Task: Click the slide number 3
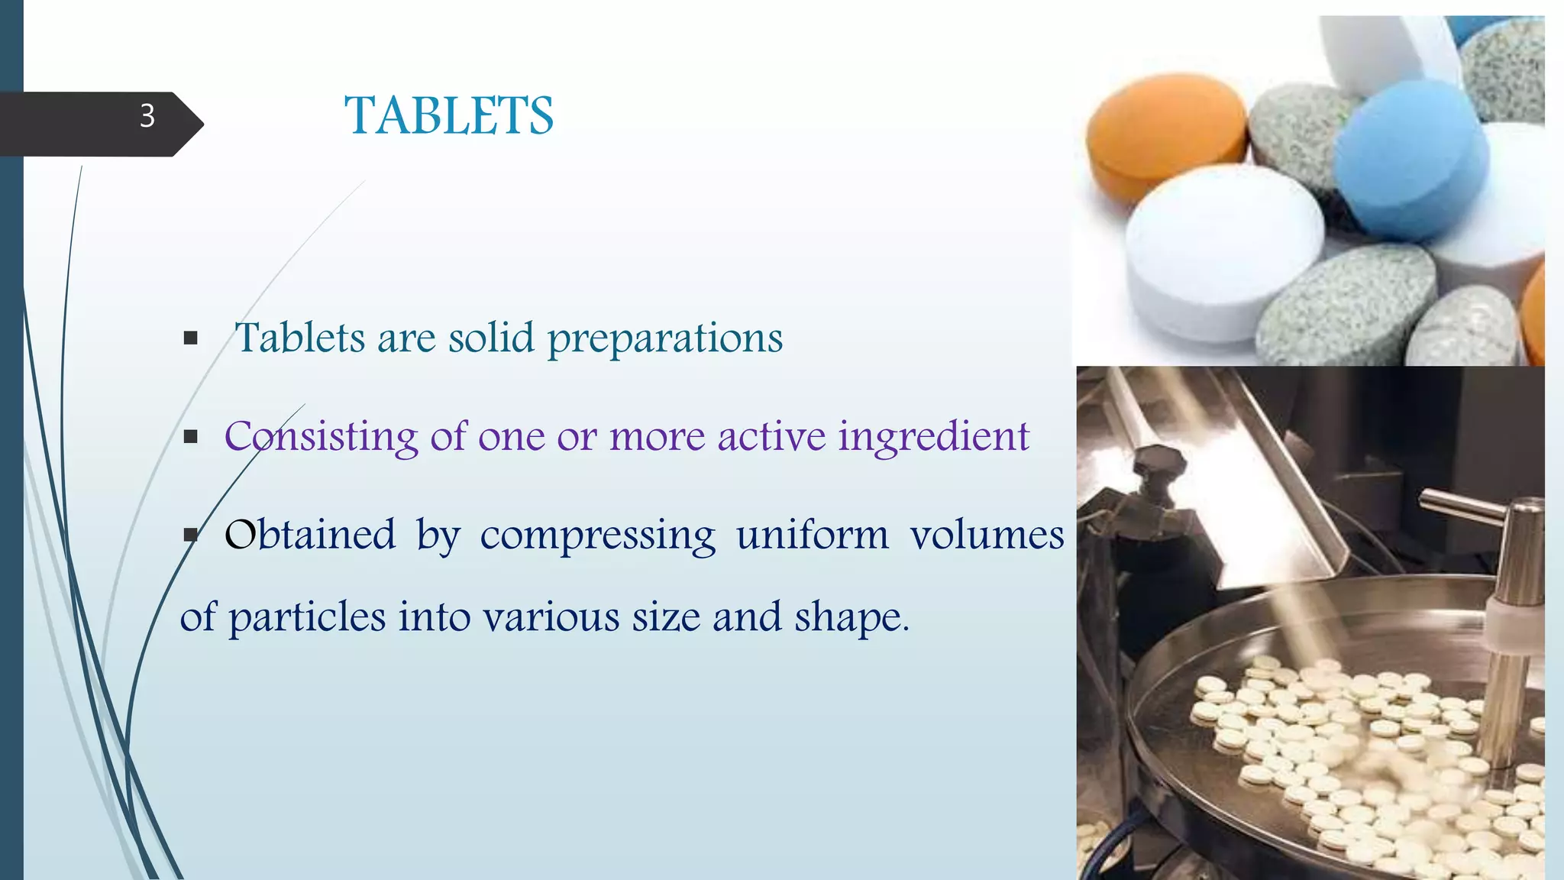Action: pyautogui.click(x=147, y=116)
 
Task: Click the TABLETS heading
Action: pyautogui.click(x=449, y=116)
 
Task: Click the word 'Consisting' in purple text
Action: pyautogui.click(x=321, y=437)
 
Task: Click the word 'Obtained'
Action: pyautogui.click(x=311, y=535)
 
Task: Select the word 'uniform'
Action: pyautogui.click(x=813, y=535)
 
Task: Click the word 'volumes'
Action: pyautogui.click(x=987, y=535)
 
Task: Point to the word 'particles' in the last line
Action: pyautogui.click(x=307, y=617)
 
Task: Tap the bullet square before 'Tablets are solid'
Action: pyautogui.click(x=191, y=338)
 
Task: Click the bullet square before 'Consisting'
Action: pyautogui.click(x=191, y=437)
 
